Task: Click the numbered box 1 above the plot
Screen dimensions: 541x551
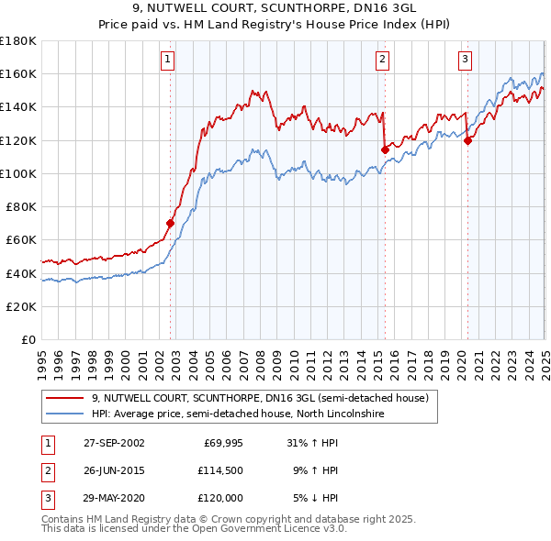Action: tap(169, 61)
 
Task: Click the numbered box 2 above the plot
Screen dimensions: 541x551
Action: tap(382, 61)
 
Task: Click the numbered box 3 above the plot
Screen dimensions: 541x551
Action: tap(466, 61)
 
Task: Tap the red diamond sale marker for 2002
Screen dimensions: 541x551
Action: tap(170, 223)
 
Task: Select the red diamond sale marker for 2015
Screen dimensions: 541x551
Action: tap(384, 149)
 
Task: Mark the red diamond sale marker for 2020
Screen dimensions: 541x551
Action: tap(467, 140)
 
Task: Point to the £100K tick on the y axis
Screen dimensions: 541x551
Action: tap(19, 173)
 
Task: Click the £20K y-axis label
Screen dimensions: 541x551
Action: tap(23, 306)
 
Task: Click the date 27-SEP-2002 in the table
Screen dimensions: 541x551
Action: tap(114, 443)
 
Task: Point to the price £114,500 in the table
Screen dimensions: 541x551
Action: tap(218, 470)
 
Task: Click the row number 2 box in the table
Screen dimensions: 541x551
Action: tap(47, 470)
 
